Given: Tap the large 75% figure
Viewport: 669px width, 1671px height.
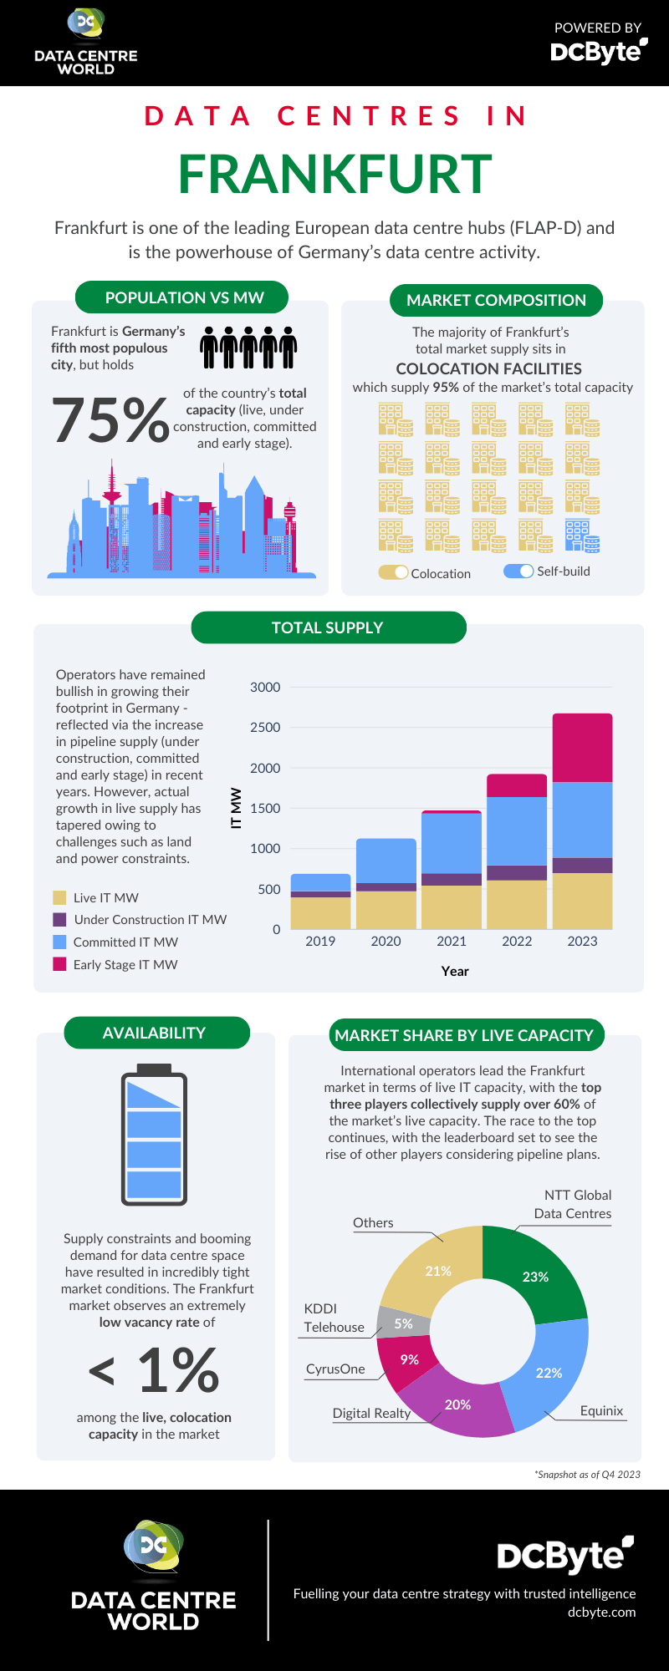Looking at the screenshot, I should [x=110, y=419].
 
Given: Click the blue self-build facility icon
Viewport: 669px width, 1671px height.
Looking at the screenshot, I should [x=582, y=536].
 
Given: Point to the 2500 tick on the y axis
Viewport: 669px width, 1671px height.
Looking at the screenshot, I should [x=265, y=728].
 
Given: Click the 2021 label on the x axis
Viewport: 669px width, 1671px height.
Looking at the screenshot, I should [x=452, y=942].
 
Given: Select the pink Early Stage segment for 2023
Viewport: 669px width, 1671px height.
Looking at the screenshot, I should [x=582, y=748].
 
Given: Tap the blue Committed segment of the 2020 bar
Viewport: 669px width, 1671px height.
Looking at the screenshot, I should [x=386, y=861].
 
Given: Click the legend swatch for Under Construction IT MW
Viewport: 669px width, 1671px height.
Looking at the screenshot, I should [x=59, y=920].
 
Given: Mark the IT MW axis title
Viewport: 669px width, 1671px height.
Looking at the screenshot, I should [x=237, y=808].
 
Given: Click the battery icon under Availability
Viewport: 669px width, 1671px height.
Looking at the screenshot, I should [x=154, y=1135].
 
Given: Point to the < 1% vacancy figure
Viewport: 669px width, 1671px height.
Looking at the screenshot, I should [x=155, y=1370].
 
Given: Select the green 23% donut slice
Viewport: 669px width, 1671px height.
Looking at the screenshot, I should [x=535, y=1276].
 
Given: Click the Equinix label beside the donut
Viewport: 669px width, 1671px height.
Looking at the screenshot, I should [x=601, y=1411].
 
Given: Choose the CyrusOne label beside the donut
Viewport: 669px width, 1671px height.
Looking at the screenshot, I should [x=335, y=1369].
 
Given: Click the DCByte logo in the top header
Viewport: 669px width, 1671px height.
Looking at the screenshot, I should [x=598, y=51].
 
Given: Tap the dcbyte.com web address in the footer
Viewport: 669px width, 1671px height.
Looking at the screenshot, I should [x=601, y=1613].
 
